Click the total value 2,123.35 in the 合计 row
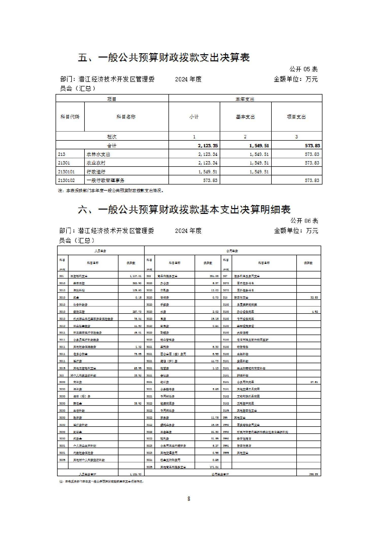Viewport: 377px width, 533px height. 208,145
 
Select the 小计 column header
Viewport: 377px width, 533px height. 194,117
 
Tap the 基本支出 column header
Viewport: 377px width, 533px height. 245,117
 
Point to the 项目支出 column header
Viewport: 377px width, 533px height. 296,117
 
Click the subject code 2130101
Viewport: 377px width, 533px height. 66,172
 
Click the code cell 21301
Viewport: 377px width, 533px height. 64,163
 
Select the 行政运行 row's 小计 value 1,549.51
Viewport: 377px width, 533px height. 208,172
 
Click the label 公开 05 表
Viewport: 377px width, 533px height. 303,69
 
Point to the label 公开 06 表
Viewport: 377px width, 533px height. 304,221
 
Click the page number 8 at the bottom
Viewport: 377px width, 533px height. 189,499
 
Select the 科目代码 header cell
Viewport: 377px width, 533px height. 70,117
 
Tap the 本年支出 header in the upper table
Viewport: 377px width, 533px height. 245,99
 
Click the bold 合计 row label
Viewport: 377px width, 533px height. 112,146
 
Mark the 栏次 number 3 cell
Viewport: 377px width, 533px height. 296,137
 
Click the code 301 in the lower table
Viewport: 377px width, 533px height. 62,276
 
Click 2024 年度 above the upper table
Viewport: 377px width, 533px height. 188,79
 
